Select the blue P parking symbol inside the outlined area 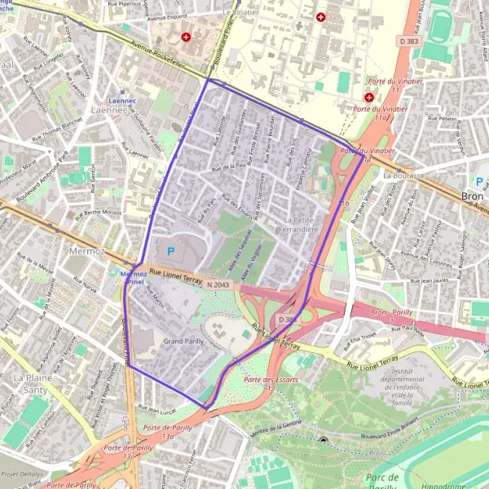point(170,250)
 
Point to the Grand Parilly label point(183,341)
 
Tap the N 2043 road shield point(217,284)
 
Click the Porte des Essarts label point(271,380)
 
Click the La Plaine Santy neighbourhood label point(32,385)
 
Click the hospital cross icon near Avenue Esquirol point(187,37)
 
